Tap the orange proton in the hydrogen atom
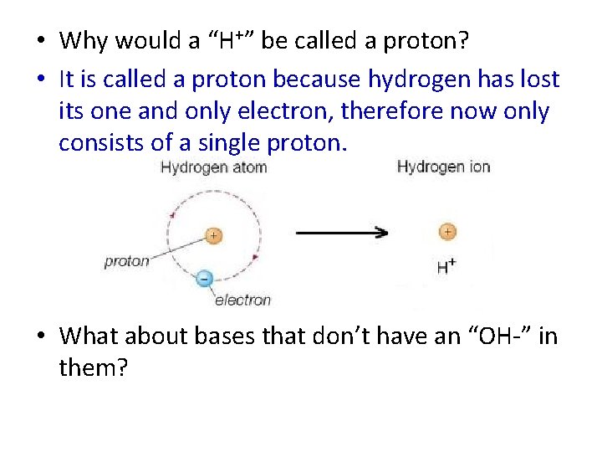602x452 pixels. (213, 236)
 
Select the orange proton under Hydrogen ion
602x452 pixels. (447, 232)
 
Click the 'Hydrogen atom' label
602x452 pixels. (213, 167)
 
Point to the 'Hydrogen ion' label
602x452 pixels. (443, 166)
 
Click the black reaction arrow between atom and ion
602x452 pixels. (343, 232)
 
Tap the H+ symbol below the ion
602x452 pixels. (446, 267)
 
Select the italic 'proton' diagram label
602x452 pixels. (126, 261)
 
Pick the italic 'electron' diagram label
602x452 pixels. (242, 300)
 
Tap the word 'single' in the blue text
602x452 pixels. (222, 142)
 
